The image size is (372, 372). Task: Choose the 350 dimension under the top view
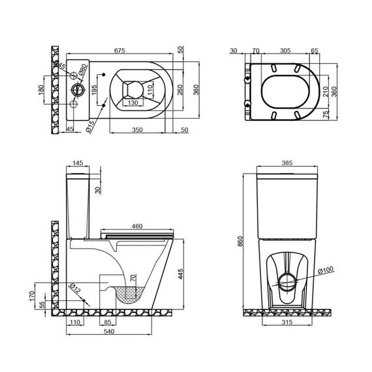[x=135, y=130]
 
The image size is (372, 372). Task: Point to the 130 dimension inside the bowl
[x=132, y=102]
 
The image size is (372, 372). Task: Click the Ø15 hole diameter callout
[x=91, y=124]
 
